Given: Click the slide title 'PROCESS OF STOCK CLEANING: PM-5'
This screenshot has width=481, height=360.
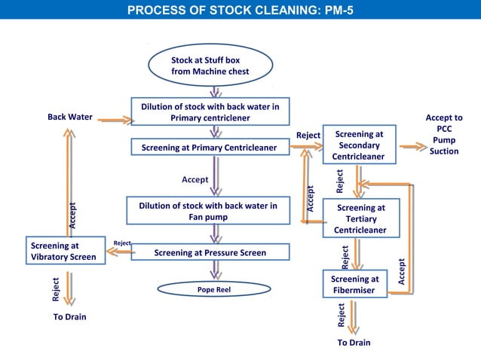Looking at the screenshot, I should (240, 11).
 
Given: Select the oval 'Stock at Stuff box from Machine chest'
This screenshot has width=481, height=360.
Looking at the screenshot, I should (210, 66).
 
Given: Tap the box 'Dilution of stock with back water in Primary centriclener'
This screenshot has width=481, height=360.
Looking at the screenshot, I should (210, 112).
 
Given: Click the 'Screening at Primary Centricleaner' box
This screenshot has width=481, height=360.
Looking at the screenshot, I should (210, 148).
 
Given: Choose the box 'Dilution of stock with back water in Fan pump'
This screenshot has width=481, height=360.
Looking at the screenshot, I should (207, 211).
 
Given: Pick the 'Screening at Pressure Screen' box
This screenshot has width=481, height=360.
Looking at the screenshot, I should (210, 253).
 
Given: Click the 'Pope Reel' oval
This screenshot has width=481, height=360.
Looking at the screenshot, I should (213, 289).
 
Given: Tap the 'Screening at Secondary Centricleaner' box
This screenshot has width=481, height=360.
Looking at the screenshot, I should (359, 145).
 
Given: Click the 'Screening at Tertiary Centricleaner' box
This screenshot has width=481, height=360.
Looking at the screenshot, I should (360, 218).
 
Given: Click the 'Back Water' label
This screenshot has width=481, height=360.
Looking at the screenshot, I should (70, 117).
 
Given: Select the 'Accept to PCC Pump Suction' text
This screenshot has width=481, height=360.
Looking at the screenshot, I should (444, 134).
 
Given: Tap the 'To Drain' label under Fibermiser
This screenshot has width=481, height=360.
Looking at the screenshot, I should (354, 343).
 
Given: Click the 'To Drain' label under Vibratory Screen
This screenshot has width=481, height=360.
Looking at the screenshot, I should (69, 317).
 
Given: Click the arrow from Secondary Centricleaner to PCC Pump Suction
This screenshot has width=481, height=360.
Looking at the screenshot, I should (412, 146).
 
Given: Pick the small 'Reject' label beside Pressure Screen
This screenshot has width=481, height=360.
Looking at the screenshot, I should (122, 243).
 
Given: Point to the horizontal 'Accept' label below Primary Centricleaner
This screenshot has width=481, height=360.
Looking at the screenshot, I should (195, 180).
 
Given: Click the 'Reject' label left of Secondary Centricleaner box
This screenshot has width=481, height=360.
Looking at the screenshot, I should (308, 136).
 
